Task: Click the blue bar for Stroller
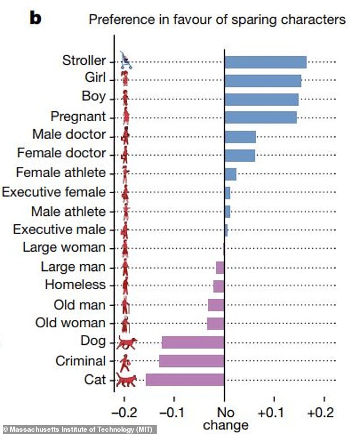[x=265, y=62]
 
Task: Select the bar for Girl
[x=262, y=81]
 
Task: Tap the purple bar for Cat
[x=185, y=379]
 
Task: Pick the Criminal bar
[x=191, y=361]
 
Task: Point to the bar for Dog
[x=192, y=342]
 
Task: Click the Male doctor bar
[x=240, y=136]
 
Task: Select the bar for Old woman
[x=216, y=323]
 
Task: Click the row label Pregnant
[x=78, y=117]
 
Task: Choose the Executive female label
[x=54, y=192]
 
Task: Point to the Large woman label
[x=64, y=247]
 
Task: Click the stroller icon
[x=126, y=61]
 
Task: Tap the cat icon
[x=127, y=379]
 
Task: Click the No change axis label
[x=225, y=418]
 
